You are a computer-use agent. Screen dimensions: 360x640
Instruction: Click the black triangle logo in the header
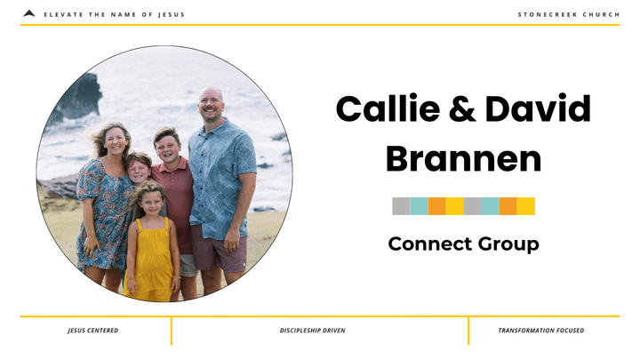pyautogui.click(x=29, y=13)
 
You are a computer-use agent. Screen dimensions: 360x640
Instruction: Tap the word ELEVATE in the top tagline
pyautogui.click(x=61, y=14)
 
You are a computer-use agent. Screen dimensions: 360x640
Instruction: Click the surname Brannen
pyautogui.click(x=463, y=159)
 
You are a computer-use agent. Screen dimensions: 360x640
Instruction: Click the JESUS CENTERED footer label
pyautogui.click(x=92, y=331)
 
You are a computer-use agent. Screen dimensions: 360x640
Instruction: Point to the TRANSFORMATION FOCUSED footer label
pyautogui.click(x=540, y=331)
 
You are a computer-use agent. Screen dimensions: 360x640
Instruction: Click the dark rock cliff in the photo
pyautogui.click(x=77, y=98)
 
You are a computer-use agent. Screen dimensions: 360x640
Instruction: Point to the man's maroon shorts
pyautogui.click(x=219, y=252)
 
